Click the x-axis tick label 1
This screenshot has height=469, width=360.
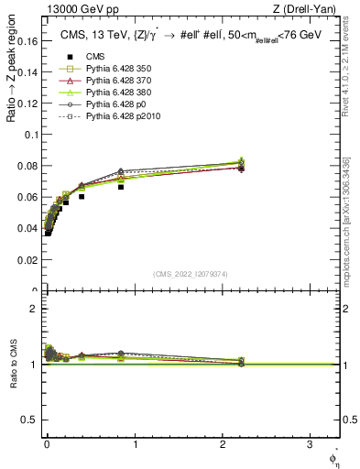coord(136,442)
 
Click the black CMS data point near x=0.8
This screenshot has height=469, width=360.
coord(121,187)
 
